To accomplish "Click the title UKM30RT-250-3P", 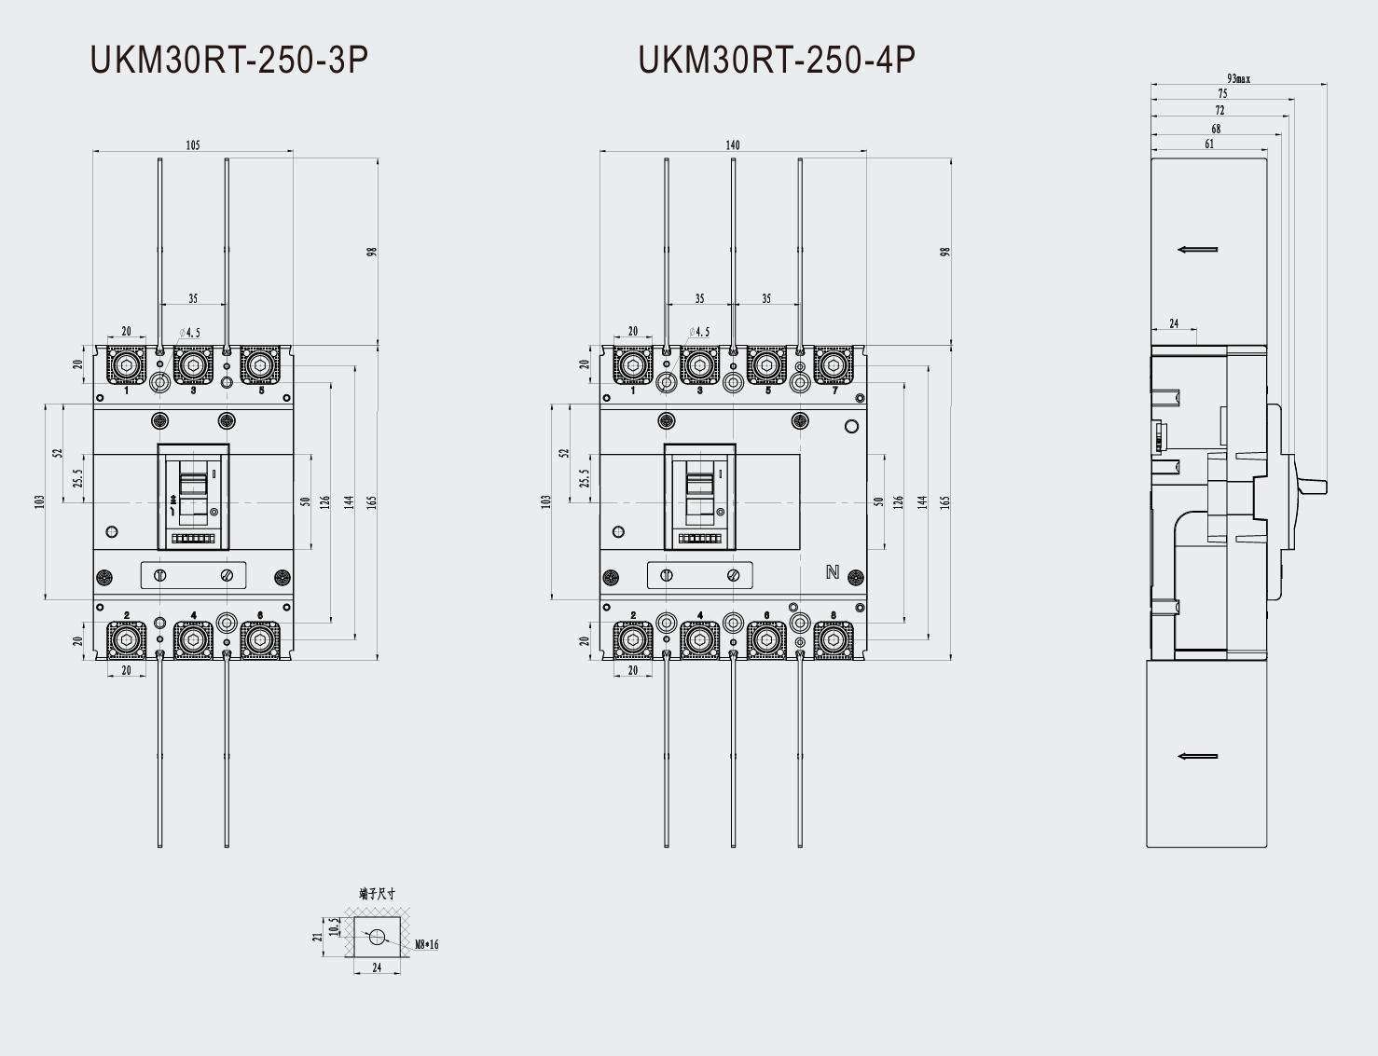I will click(228, 60).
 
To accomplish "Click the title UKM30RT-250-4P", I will click(776, 60).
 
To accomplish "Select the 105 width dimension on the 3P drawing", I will click(192, 144).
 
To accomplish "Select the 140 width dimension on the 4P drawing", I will click(732, 144).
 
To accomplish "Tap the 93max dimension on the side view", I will click(1238, 78).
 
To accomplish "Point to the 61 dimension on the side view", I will click(1209, 144).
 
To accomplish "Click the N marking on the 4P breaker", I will click(833, 572).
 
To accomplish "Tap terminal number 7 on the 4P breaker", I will click(834, 391).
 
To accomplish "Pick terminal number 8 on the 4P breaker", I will click(834, 615).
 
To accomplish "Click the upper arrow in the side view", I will click(1198, 250).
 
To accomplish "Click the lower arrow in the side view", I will click(1198, 756).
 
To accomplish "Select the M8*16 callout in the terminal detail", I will click(426, 944).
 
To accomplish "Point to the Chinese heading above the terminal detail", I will click(377, 893).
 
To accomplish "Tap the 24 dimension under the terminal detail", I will click(377, 967).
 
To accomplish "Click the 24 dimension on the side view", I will click(1174, 323).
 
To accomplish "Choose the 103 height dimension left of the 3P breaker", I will click(39, 501).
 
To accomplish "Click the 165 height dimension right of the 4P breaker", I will click(944, 501).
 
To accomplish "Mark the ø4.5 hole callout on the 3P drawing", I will click(190, 333).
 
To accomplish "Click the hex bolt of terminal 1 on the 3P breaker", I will click(126, 365).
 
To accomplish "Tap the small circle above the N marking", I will click(850, 427).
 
